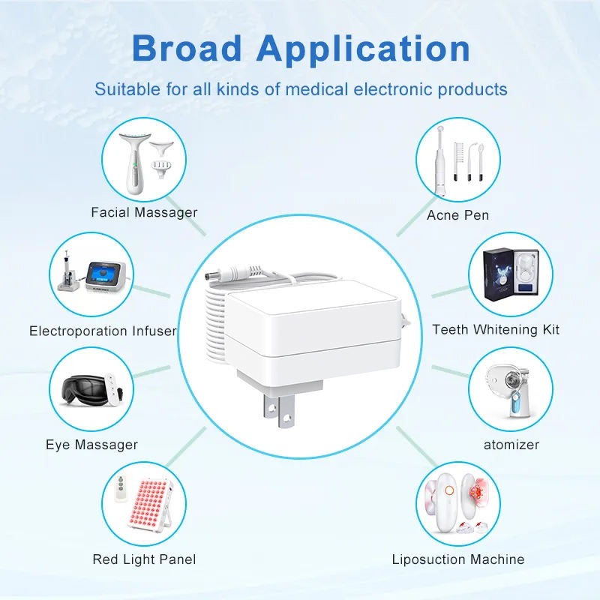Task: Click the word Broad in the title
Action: (x=187, y=48)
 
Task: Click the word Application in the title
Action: (x=363, y=49)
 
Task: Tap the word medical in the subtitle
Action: (x=316, y=89)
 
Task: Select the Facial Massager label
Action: (x=144, y=212)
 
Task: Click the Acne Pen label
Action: (x=457, y=215)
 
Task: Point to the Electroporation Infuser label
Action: (x=103, y=331)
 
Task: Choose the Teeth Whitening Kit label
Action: (x=496, y=329)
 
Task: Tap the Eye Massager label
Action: (x=91, y=445)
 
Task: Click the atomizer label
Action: (x=511, y=445)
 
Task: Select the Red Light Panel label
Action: (x=144, y=559)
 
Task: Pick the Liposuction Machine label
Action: (x=458, y=559)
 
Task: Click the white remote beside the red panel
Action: (x=121, y=488)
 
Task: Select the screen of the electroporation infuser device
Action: (x=103, y=274)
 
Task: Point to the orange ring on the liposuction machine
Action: (x=449, y=490)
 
